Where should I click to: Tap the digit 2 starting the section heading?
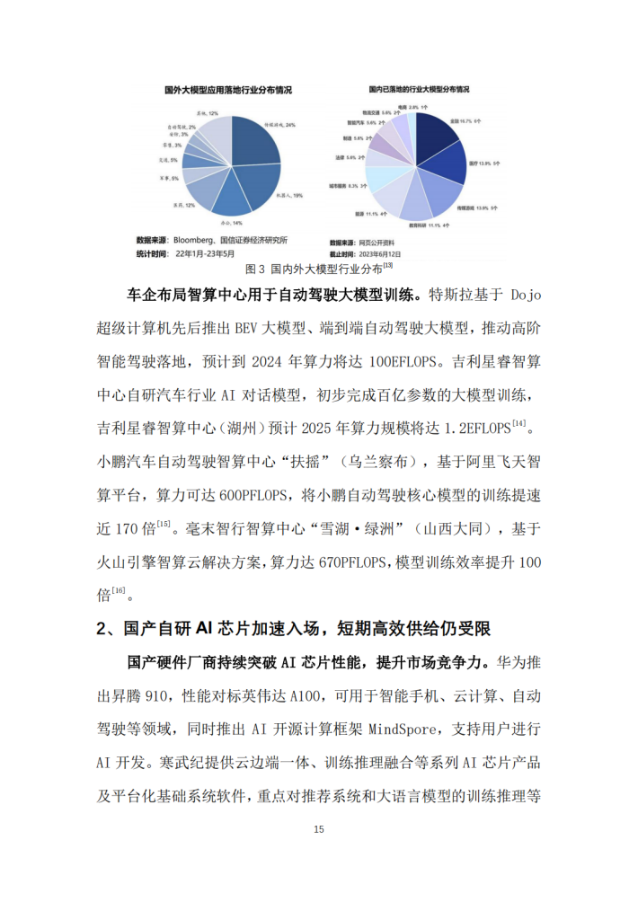(x=102, y=630)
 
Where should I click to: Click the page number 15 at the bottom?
(x=319, y=829)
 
